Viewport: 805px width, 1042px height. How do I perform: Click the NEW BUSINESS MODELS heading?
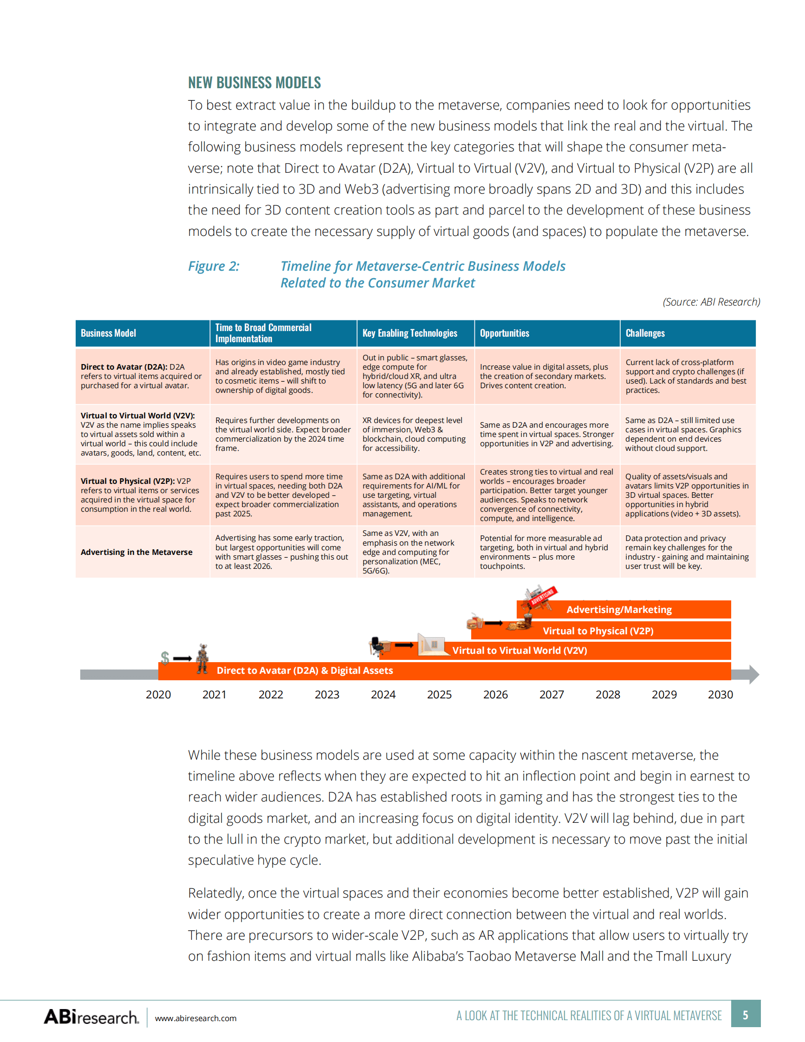[254, 83]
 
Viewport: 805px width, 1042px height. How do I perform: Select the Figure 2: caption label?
[214, 266]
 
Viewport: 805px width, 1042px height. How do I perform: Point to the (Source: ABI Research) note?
[711, 302]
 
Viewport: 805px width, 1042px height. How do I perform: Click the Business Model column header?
[108, 333]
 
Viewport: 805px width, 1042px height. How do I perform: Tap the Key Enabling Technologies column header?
[409, 333]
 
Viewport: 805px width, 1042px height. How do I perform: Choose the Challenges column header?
[645, 333]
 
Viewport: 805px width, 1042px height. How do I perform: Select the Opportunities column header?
[505, 333]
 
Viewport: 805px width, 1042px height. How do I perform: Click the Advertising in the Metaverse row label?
[136, 552]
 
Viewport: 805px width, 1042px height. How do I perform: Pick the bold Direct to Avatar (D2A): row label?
[124, 367]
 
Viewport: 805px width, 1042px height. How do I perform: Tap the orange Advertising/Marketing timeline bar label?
[618, 610]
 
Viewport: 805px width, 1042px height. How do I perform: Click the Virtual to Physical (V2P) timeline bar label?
[598, 631]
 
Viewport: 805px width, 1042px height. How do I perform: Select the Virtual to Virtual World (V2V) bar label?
[519, 650]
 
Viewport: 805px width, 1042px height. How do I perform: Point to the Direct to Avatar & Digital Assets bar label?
[305, 671]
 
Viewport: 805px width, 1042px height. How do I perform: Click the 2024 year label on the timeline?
[383, 695]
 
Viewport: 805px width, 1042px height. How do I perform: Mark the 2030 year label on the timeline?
[720, 695]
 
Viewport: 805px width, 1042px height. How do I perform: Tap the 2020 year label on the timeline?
[158, 695]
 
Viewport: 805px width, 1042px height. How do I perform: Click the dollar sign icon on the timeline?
[165, 658]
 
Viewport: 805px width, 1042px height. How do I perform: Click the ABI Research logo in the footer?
[91, 1017]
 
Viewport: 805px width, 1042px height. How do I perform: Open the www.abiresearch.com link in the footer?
[195, 1018]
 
